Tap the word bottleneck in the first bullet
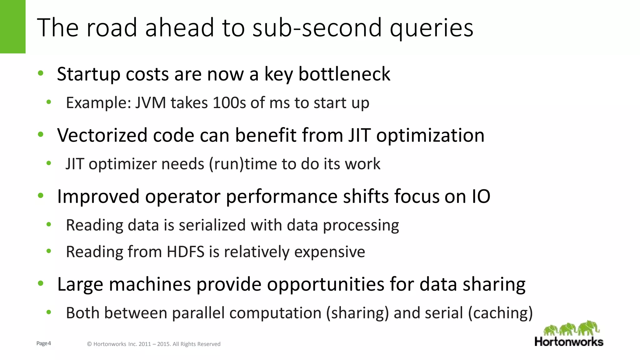(x=344, y=74)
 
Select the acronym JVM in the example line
(x=150, y=103)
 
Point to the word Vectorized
(x=102, y=135)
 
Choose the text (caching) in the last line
(x=500, y=313)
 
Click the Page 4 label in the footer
(x=43, y=343)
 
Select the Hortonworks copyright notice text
(x=153, y=344)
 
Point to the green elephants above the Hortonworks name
(x=571, y=328)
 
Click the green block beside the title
(x=12, y=27)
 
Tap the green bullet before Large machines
(x=41, y=283)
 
